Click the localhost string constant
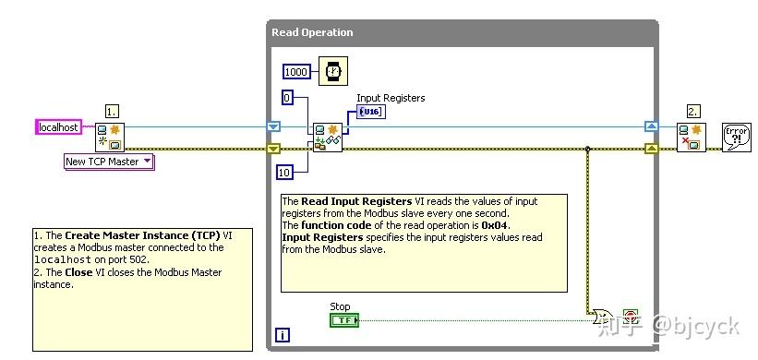(58, 126)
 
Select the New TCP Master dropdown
(108, 162)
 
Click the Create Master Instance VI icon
(110, 137)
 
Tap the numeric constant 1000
(296, 71)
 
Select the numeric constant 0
(287, 97)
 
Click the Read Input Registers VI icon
(326, 137)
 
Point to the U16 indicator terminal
(370, 112)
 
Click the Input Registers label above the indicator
(391, 98)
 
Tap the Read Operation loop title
(312, 32)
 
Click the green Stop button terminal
(343, 320)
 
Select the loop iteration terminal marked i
(281, 336)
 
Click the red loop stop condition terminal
(632, 316)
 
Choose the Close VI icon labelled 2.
(690, 137)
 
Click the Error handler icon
(736, 137)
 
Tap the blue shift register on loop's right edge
(650, 126)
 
